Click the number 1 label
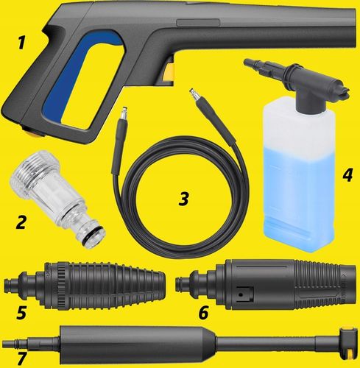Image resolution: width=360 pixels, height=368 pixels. (x=21, y=43)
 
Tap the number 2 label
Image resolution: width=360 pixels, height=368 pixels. (x=21, y=222)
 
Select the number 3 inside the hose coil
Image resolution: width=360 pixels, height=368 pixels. (x=184, y=199)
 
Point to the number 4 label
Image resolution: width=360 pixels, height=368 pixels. (x=347, y=175)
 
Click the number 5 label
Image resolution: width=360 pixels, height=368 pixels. (x=21, y=313)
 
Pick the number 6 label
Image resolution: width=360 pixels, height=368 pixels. (x=203, y=312)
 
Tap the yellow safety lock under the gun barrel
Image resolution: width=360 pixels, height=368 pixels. (x=169, y=72)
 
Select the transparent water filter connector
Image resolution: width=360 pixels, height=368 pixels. (x=57, y=199)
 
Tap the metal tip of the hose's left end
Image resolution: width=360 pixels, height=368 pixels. (x=124, y=113)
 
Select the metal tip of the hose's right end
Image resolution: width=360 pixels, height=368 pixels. (x=194, y=95)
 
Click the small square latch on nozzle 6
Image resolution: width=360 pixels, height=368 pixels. (x=242, y=294)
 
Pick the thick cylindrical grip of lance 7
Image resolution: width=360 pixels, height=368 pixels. (x=138, y=344)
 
